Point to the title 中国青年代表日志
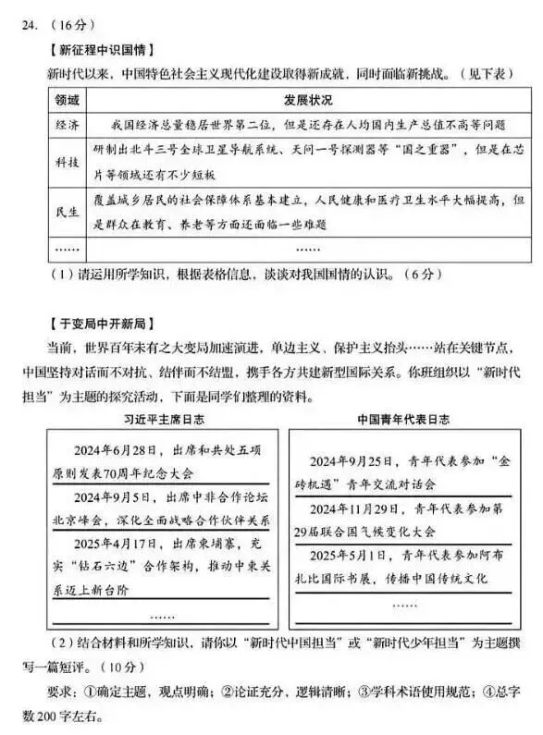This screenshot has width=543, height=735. pos(397,420)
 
